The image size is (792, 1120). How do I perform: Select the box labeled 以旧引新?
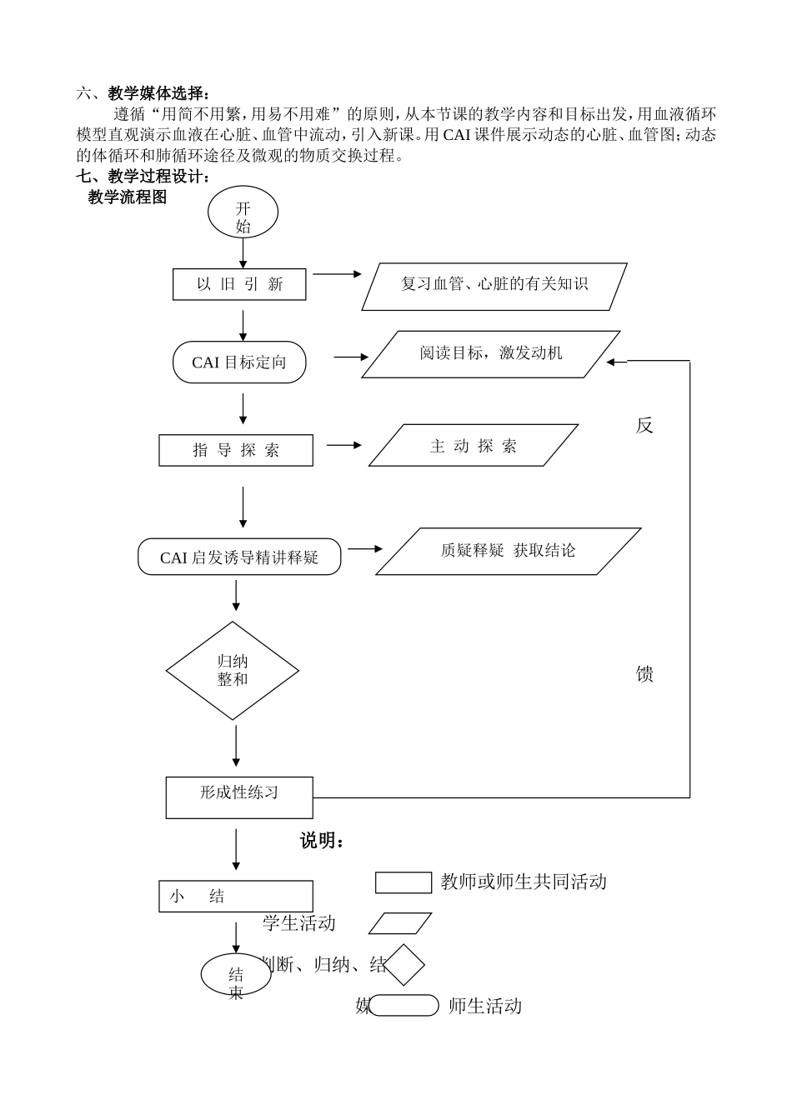(239, 284)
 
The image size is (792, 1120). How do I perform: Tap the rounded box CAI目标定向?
(239, 362)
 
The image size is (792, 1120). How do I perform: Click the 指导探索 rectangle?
(236, 450)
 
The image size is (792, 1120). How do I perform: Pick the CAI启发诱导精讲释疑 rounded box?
(239, 557)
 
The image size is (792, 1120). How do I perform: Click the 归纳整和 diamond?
(233, 671)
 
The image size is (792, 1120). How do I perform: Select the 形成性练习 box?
(239, 797)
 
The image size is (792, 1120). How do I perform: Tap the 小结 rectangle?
(236, 897)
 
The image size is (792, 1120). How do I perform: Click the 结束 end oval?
(236, 974)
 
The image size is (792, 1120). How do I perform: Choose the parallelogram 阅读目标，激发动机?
(490, 354)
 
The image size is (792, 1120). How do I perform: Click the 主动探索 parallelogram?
(474, 446)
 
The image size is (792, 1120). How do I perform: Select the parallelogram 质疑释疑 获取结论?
(508, 551)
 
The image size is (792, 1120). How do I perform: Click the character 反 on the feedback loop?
(644, 426)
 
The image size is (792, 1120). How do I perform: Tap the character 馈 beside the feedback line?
(644, 674)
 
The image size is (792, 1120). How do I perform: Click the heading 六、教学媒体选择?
(143, 93)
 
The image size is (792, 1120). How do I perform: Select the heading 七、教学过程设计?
(143, 176)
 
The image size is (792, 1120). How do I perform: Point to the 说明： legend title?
(323, 841)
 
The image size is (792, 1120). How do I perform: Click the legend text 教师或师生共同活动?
(524, 882)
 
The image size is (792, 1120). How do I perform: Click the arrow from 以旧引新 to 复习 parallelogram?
(337, 274)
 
